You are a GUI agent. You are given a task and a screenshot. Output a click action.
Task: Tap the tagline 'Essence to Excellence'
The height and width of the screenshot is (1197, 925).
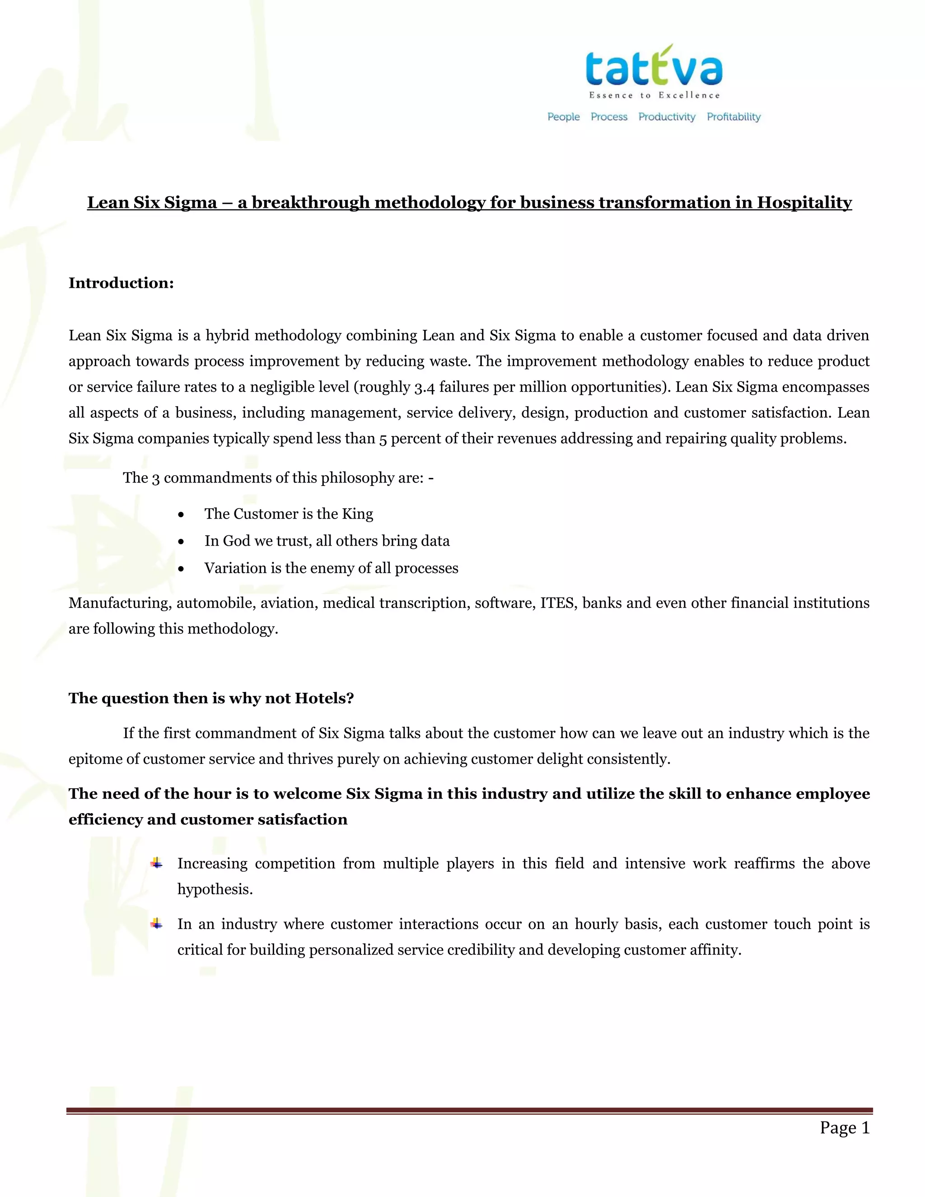click(654, 95)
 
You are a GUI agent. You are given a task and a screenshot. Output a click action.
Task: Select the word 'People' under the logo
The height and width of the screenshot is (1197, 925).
click(563, 117)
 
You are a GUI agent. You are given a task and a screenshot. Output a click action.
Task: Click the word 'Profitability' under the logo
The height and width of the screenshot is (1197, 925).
click(733, 117)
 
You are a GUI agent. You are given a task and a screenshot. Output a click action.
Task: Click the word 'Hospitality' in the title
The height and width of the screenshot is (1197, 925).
click(804, 203)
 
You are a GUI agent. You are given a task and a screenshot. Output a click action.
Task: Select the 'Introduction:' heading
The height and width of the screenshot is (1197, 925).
click(121, 283)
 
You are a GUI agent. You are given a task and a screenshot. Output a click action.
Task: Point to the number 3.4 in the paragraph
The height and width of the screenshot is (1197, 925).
click(424, 388)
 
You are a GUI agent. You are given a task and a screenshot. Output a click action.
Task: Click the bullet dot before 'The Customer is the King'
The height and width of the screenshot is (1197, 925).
click(181, 514)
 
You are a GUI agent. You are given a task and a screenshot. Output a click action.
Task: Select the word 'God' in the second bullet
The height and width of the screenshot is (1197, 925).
click(236, 541)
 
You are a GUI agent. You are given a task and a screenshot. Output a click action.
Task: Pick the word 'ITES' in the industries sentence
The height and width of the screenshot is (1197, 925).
click(557, 603)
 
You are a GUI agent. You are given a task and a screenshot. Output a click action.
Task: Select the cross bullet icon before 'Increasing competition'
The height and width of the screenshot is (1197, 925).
click(157, 863)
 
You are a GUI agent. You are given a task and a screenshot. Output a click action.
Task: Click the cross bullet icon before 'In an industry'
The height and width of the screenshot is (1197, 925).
click(157, 924)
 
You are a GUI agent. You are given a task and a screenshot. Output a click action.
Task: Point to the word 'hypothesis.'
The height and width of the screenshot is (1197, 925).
click(215, 889)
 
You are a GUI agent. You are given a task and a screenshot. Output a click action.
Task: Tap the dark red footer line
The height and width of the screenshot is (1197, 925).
click(469, 1110)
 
